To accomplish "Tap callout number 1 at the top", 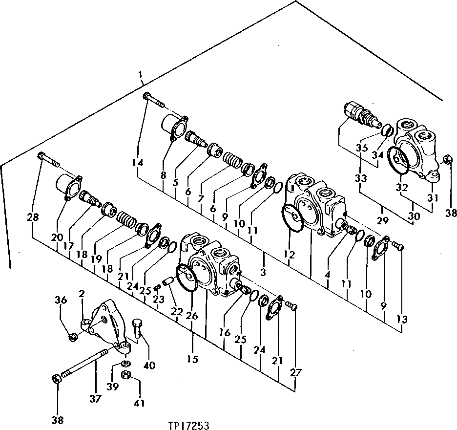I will (x=141, y=75).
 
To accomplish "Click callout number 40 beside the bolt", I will (x=149, y=365).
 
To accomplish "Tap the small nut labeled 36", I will (x=72, y=336).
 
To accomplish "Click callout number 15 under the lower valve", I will (x=192, y=359).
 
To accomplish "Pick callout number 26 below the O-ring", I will (x=192, y=316).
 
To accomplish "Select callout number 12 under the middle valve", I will (x=289, y=254).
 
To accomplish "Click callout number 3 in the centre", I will (x=264, y=271).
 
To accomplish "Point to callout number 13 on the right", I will (x=401, y=320).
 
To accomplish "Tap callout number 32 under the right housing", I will (x=401, y=187).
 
